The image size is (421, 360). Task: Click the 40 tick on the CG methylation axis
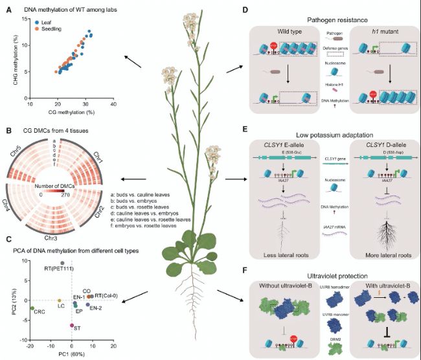pyautogui.click(x=113, y=104)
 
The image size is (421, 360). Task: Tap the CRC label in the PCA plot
pyautogui.click(x=32, y=312)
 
